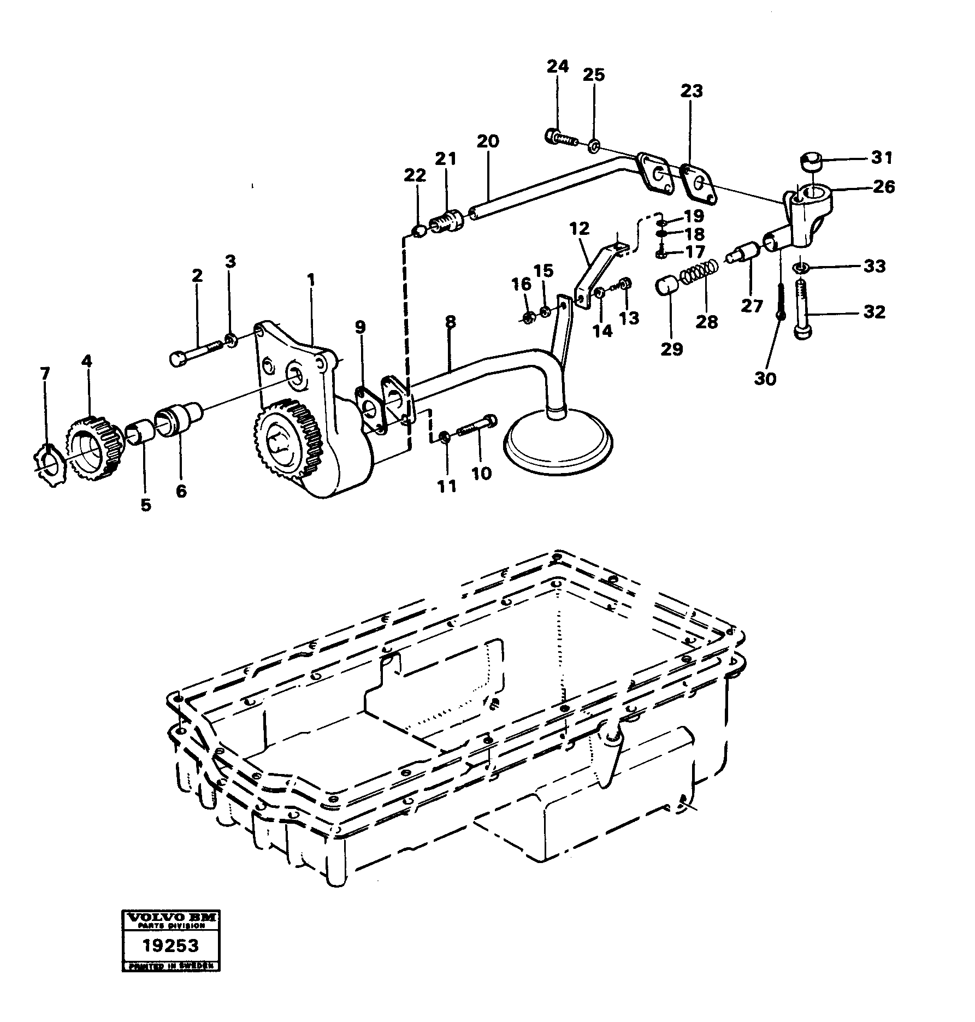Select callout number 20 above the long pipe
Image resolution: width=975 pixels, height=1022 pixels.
pos(487,141)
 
